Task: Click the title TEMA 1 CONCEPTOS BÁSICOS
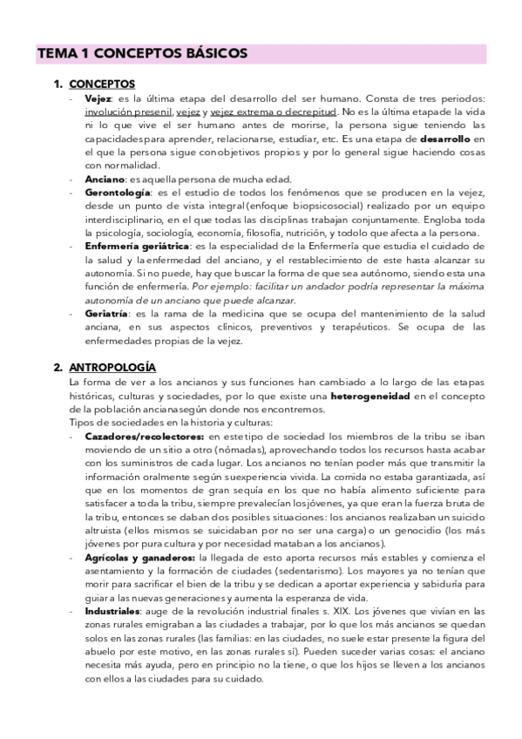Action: (x=142, y=53)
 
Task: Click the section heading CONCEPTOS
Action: (x=101, y=85)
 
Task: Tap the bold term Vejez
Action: (x=98, y=99)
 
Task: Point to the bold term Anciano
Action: (x=105, y=179)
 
